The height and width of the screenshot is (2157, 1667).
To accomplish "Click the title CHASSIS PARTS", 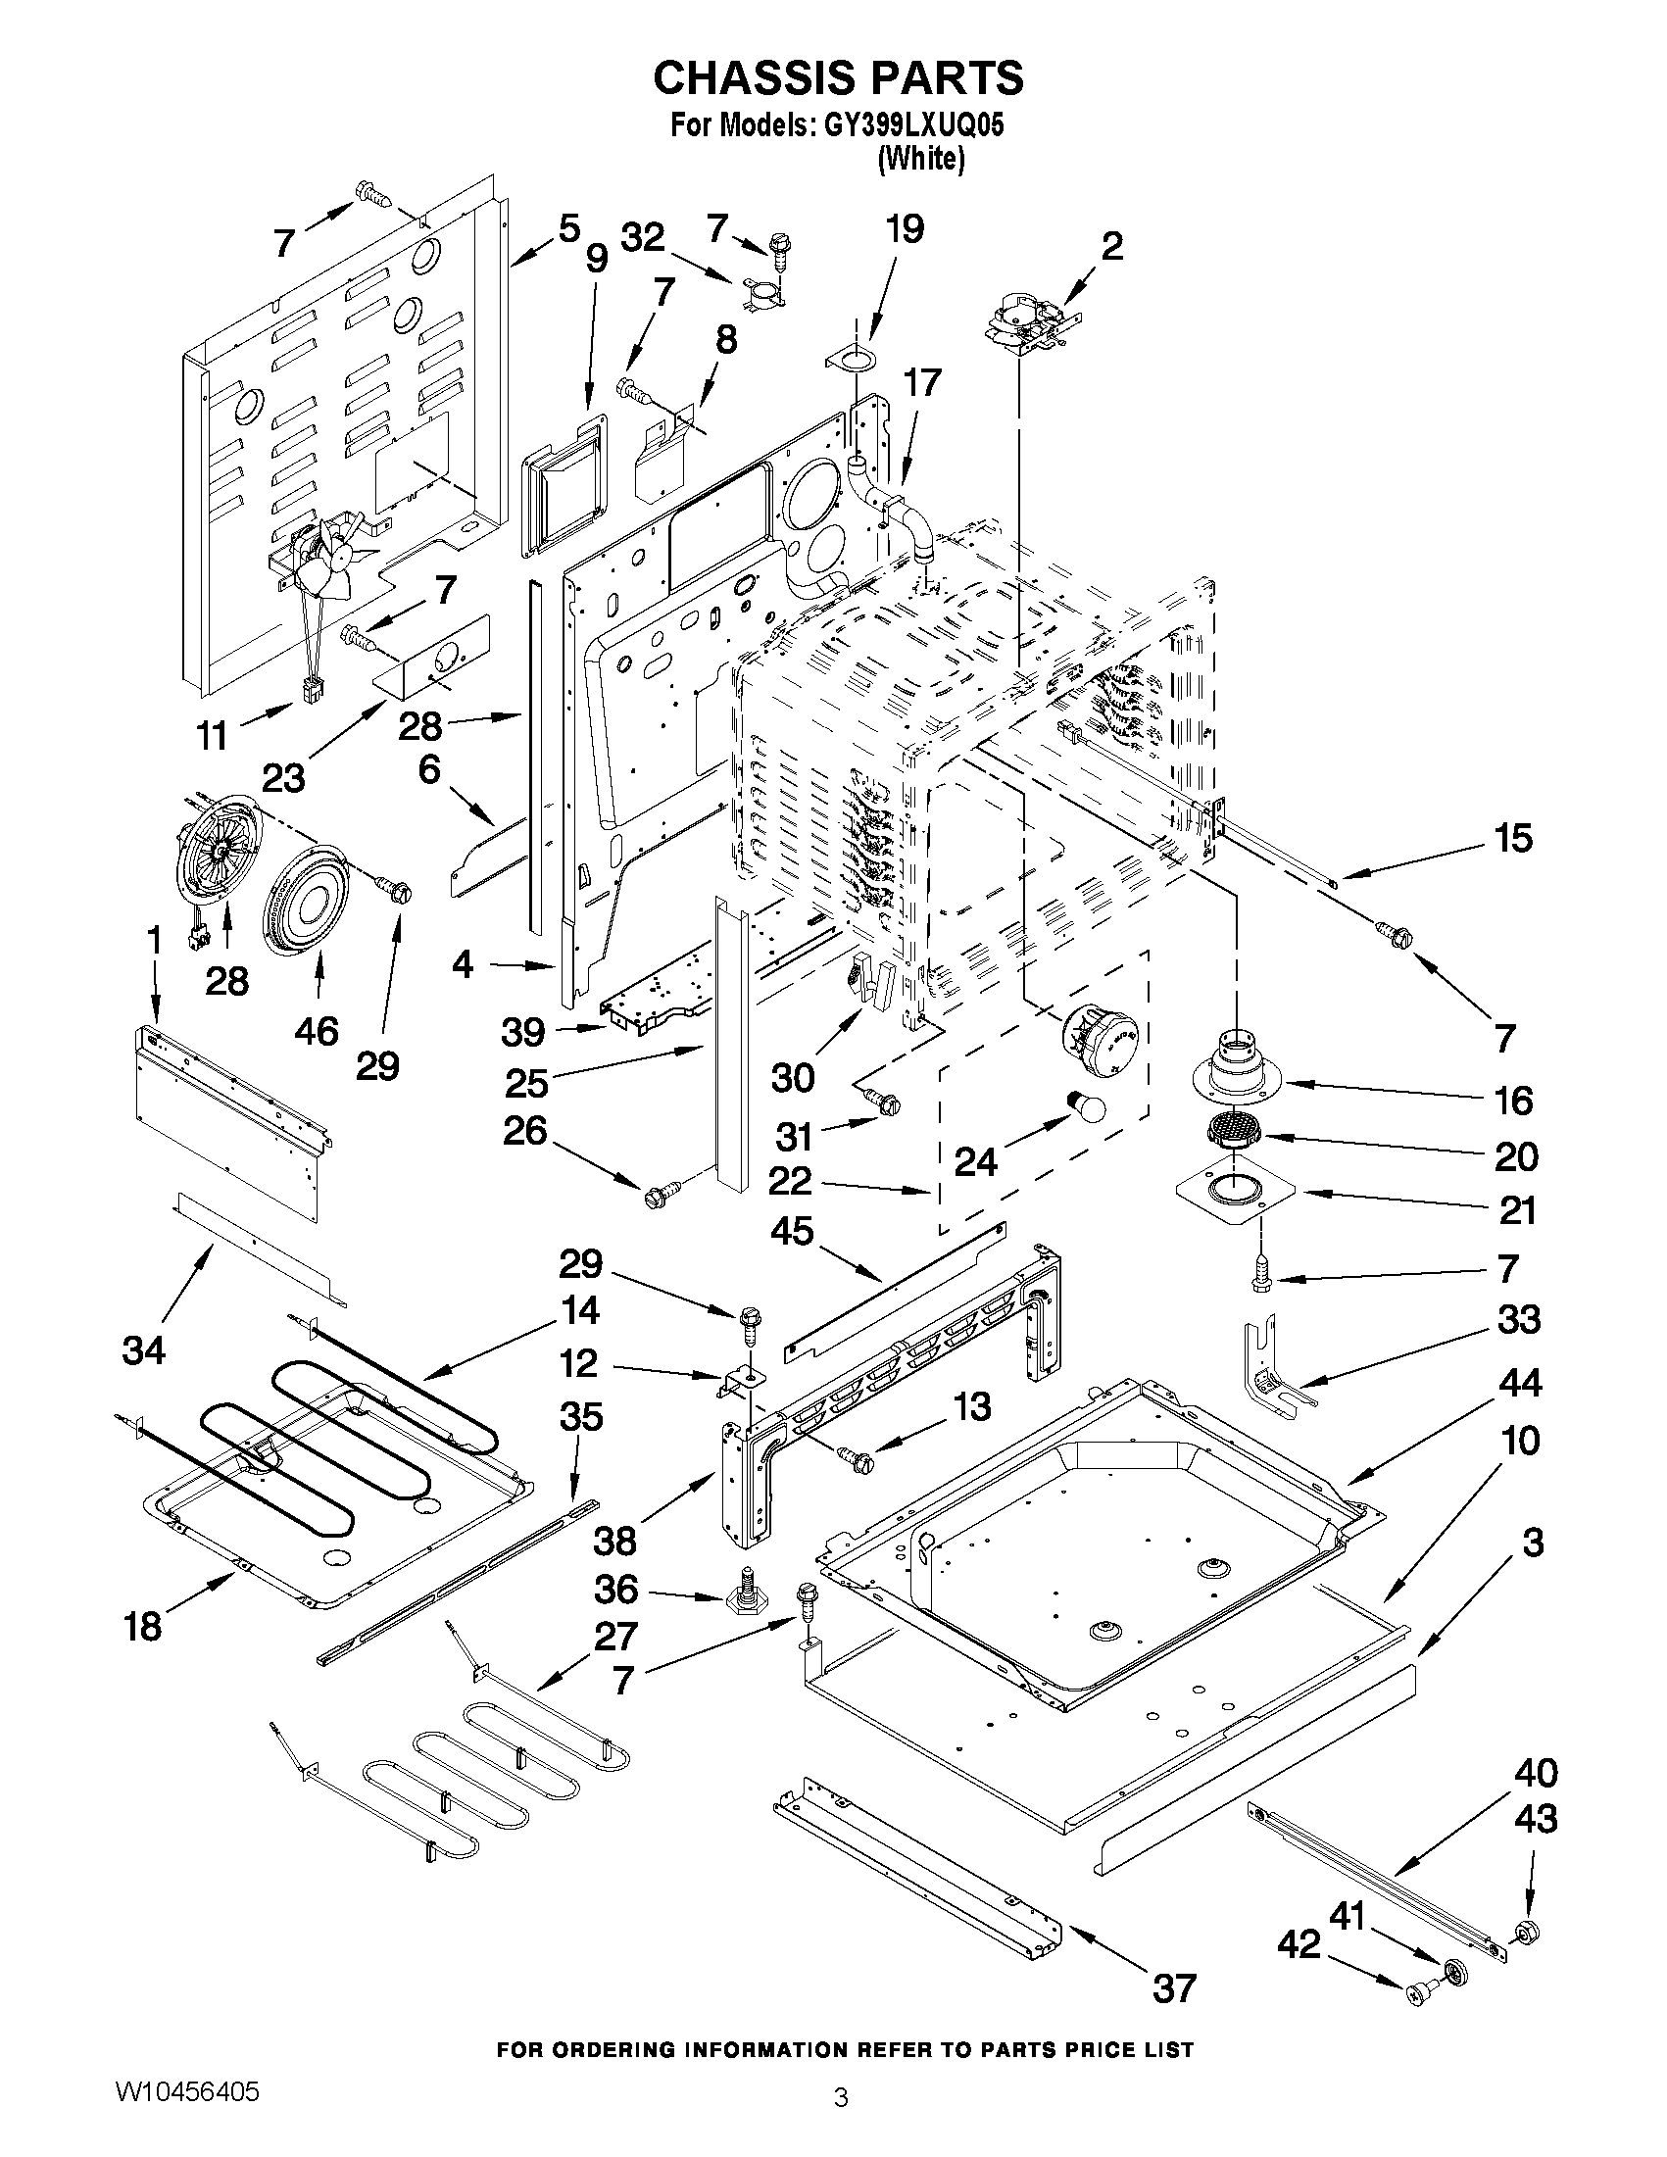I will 838,77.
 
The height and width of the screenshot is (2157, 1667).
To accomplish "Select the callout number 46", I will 316,1031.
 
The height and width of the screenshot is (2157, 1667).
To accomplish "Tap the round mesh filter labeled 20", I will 1232,1129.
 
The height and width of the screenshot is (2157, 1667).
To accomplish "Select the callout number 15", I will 1513,839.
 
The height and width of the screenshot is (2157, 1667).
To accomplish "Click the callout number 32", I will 643,238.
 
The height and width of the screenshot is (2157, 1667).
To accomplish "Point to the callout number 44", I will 1520,1384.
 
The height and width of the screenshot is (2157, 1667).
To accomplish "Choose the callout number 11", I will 213,736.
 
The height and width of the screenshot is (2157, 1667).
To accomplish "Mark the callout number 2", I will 1112,246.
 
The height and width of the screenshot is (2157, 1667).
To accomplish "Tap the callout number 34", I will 144,1349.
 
